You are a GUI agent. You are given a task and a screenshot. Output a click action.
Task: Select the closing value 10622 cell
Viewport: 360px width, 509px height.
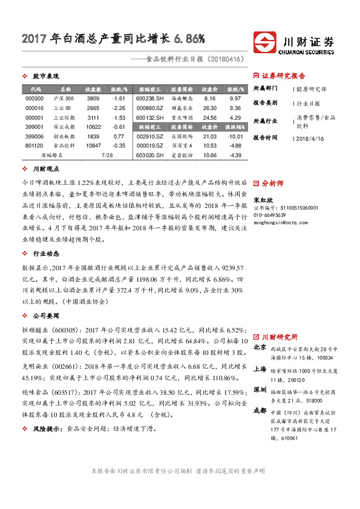coord(93,127)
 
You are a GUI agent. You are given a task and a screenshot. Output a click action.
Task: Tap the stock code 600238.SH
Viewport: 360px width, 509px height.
coord(149,99)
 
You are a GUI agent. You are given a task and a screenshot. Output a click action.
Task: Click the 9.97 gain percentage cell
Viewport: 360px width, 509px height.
coord(235,99)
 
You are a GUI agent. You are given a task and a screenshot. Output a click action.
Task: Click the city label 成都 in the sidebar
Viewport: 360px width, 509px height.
coord(260,409)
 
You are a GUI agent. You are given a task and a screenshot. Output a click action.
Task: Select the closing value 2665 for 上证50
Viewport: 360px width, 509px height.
coord(93,108)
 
